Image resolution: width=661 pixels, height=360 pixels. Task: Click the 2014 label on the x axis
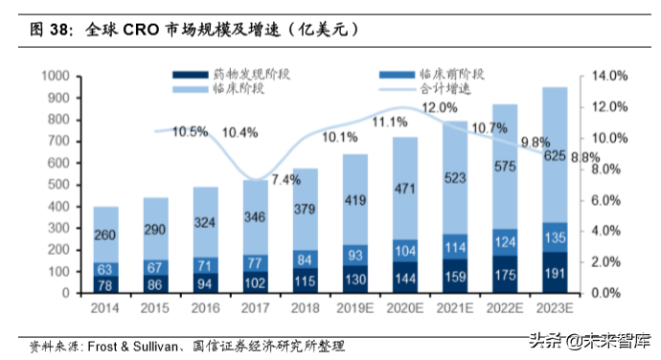click(x=106, y=308)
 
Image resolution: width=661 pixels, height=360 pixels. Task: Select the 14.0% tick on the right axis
click(x=609, y=76)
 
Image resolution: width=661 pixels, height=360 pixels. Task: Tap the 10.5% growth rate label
click(x=190, y=132)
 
